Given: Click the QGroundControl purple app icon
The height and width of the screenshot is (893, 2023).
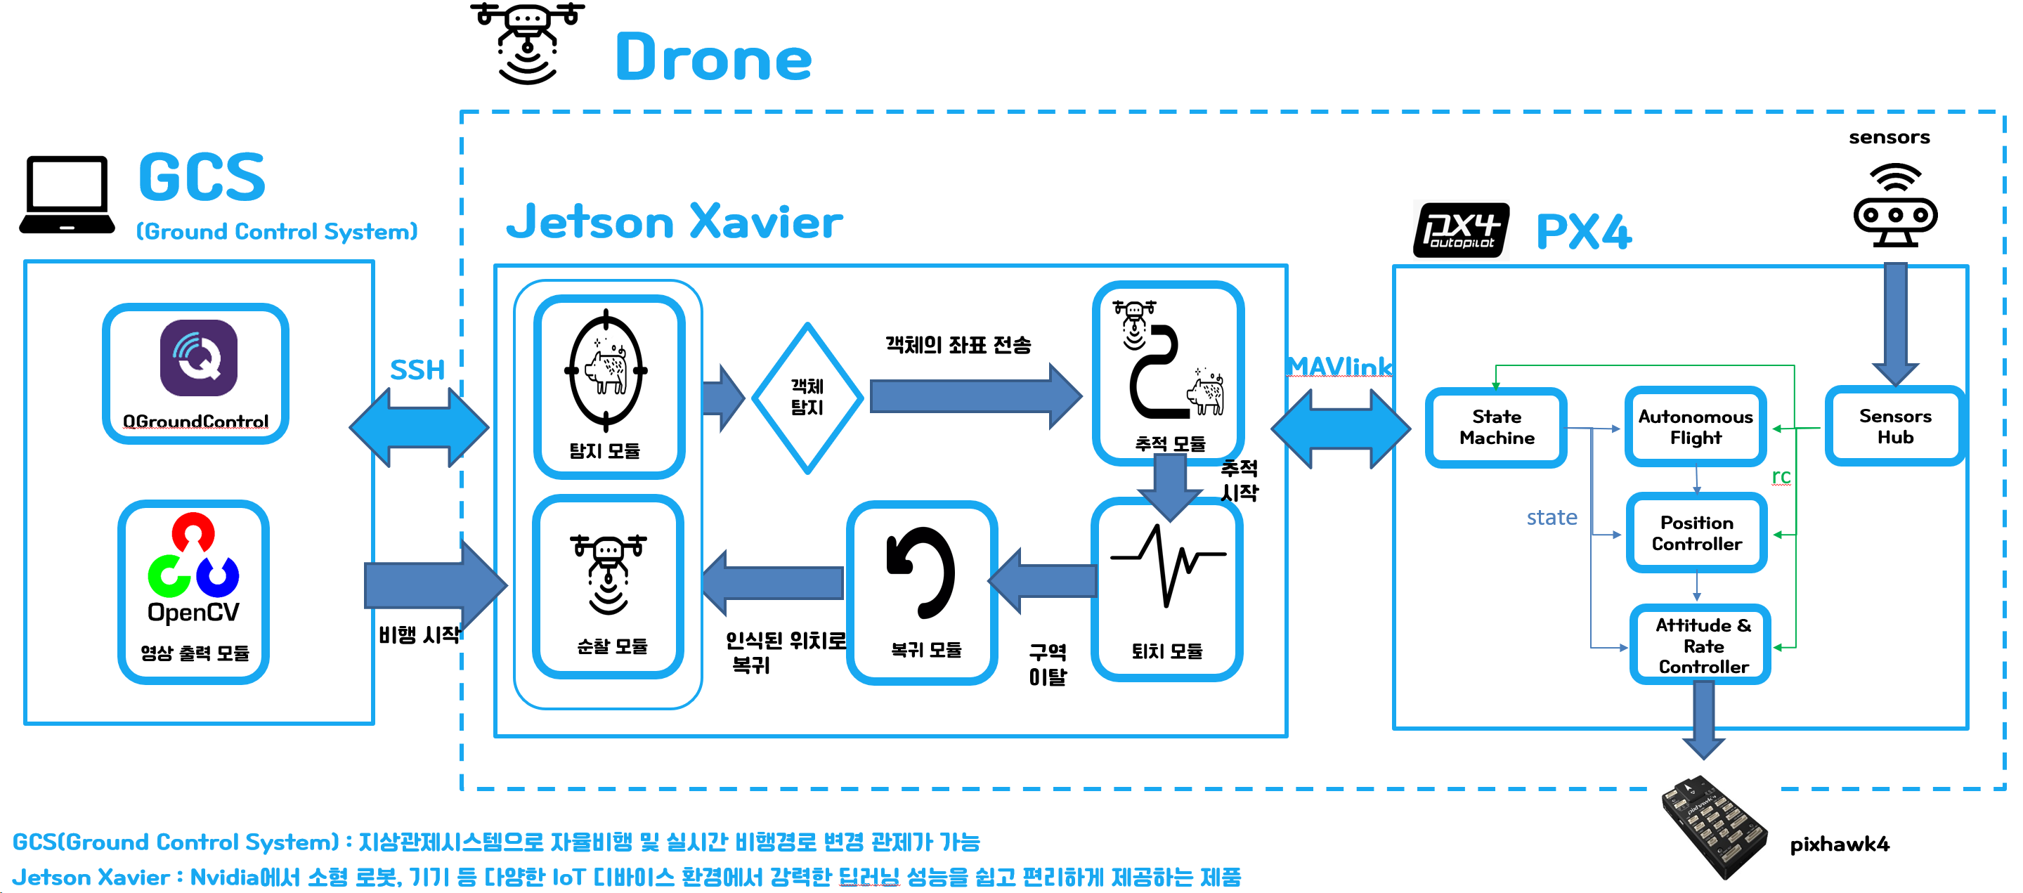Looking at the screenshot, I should click(x=198, y=358).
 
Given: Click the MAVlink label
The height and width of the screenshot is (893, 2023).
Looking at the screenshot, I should click(x=1339, y=367).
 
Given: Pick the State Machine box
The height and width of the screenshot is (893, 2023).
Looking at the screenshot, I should click(x=1496, y=427).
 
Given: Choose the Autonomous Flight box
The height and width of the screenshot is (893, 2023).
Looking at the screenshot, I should click(x=1696, y=427).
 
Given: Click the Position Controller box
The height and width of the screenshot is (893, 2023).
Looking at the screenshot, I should click(x=1696, y=533).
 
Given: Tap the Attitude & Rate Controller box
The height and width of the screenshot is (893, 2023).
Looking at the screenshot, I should click(x=1701, y=645).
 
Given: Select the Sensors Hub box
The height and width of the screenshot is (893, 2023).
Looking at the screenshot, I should click(x=1894, y=426).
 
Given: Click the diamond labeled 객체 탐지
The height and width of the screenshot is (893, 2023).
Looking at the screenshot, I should click(x=807, y=398).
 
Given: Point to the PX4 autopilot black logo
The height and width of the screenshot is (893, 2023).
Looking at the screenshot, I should click(x=1460, y=230).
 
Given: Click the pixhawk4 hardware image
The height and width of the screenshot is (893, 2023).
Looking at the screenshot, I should click(x=1715, y=827).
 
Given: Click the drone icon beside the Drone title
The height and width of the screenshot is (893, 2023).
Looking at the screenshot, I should click(x=527, y=43).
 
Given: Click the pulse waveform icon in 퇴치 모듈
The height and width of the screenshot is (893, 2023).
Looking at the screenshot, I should click(x=1167, y=564).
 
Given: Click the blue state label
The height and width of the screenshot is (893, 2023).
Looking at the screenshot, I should click(x=1551, y=518).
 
